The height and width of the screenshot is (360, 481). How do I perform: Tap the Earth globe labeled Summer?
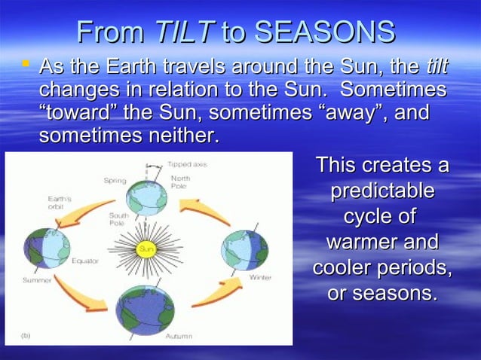[x=47, y=248]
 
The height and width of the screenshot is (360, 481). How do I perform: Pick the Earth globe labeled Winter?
[x=244, y=249]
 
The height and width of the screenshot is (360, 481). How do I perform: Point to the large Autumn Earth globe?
[x=145, y=310]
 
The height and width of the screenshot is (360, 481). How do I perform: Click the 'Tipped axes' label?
[x=185, y=163]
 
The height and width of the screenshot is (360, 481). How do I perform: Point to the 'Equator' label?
[x=85, y=261]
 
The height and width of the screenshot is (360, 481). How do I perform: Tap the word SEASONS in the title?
[x=324, y=32]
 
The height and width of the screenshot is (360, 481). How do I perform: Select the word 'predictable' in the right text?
[x=382, y=191]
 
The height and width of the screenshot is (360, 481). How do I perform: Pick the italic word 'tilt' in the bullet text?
[x=437, y=68]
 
